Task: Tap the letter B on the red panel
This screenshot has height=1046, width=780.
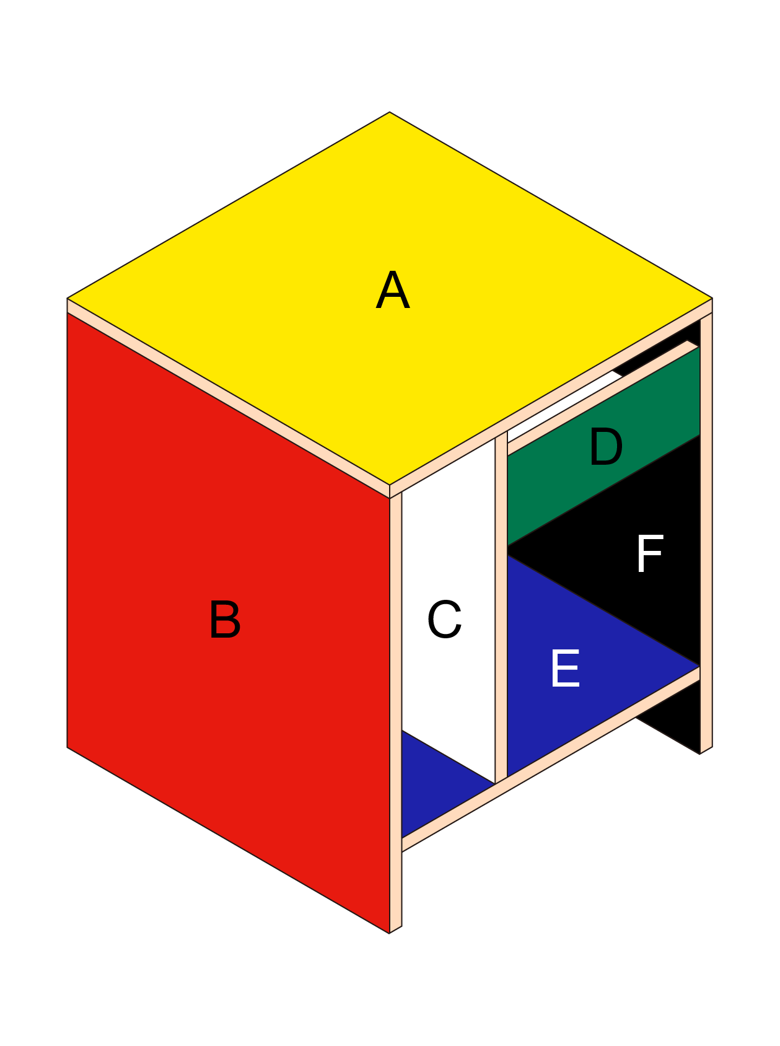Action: click(x=224, y=619)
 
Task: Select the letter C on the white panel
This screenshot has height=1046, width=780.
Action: click(x=444, y=619)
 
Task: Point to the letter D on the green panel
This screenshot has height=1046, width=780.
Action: click(x=605, y=447)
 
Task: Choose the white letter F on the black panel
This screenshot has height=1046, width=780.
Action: click(x=649, y=554)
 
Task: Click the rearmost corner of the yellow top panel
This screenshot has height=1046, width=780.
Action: click(x=390, y=113)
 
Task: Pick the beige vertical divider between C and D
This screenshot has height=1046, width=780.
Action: click(x=501, y=607)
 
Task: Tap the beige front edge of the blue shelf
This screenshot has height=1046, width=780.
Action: click(x=551, y=759)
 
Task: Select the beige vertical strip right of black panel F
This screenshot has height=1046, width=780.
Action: click(x=706, y=533)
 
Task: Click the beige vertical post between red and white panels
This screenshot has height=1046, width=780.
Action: click(x=396, y=713)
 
